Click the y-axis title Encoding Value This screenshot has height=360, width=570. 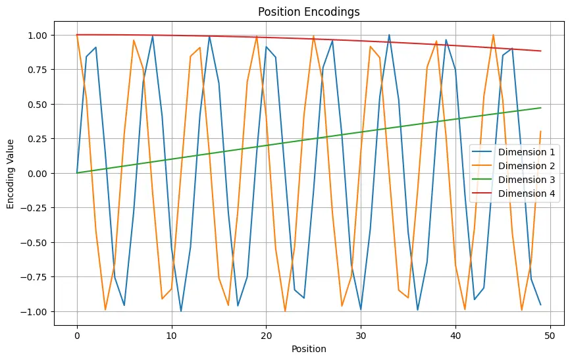(x=11, y=173)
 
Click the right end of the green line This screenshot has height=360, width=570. (x=540, y=108)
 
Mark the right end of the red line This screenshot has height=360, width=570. (x=540, y=51)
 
